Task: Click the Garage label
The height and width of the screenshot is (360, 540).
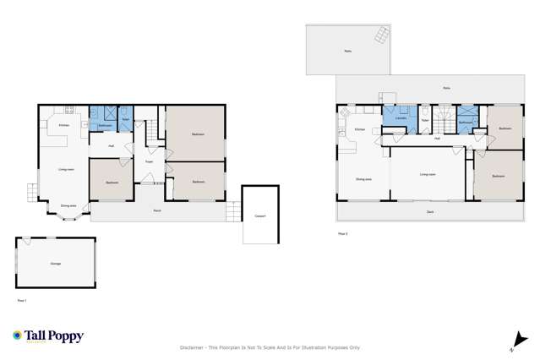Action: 56,264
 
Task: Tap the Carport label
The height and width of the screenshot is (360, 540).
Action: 259,215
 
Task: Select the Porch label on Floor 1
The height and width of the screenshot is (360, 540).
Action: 157,210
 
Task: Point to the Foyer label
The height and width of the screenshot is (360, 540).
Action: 148,161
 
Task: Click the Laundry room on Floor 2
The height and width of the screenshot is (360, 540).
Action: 401,118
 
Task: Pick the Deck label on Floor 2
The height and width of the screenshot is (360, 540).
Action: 430,212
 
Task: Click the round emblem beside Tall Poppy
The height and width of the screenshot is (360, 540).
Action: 17,335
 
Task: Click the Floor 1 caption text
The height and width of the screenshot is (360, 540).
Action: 23,300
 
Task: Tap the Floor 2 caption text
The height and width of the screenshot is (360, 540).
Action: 342,232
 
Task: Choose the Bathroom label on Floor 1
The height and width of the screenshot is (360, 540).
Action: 105,126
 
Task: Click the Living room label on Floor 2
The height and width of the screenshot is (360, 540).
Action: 428,174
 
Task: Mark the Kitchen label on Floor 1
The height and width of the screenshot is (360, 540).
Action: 63,126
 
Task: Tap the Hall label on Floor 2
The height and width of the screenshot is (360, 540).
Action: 437,138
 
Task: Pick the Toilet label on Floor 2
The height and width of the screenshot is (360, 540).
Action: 424,121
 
